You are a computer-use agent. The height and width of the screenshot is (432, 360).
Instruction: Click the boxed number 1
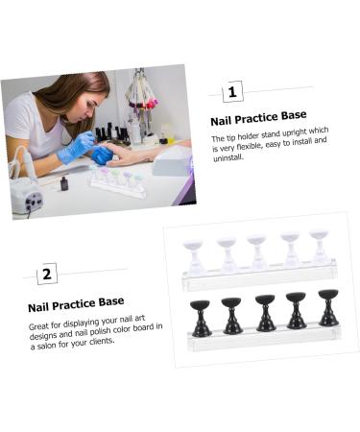232,92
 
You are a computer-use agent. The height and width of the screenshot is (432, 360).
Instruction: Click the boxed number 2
47,274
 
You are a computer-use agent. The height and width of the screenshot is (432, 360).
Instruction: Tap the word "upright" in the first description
295,132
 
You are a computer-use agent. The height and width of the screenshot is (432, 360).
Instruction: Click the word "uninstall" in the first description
228,157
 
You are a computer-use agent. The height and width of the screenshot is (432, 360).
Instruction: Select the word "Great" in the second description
38,326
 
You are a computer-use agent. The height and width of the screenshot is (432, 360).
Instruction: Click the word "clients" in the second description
102,342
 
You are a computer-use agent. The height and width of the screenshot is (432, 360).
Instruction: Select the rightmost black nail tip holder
328,308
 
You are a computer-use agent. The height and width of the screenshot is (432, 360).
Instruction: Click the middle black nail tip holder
265,313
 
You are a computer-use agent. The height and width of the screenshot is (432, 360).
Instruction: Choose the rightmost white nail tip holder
320,247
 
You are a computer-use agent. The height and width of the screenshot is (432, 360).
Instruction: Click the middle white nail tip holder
256,252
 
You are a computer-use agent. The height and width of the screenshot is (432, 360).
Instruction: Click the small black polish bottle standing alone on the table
64,183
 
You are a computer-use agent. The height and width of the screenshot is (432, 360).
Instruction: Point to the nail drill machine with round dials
27,196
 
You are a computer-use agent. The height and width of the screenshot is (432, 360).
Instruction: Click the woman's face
92,108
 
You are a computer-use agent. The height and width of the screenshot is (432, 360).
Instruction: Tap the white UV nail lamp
173,162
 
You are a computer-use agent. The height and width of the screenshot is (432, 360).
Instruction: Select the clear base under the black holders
264,339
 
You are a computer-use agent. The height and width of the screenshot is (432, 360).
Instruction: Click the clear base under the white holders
259,276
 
